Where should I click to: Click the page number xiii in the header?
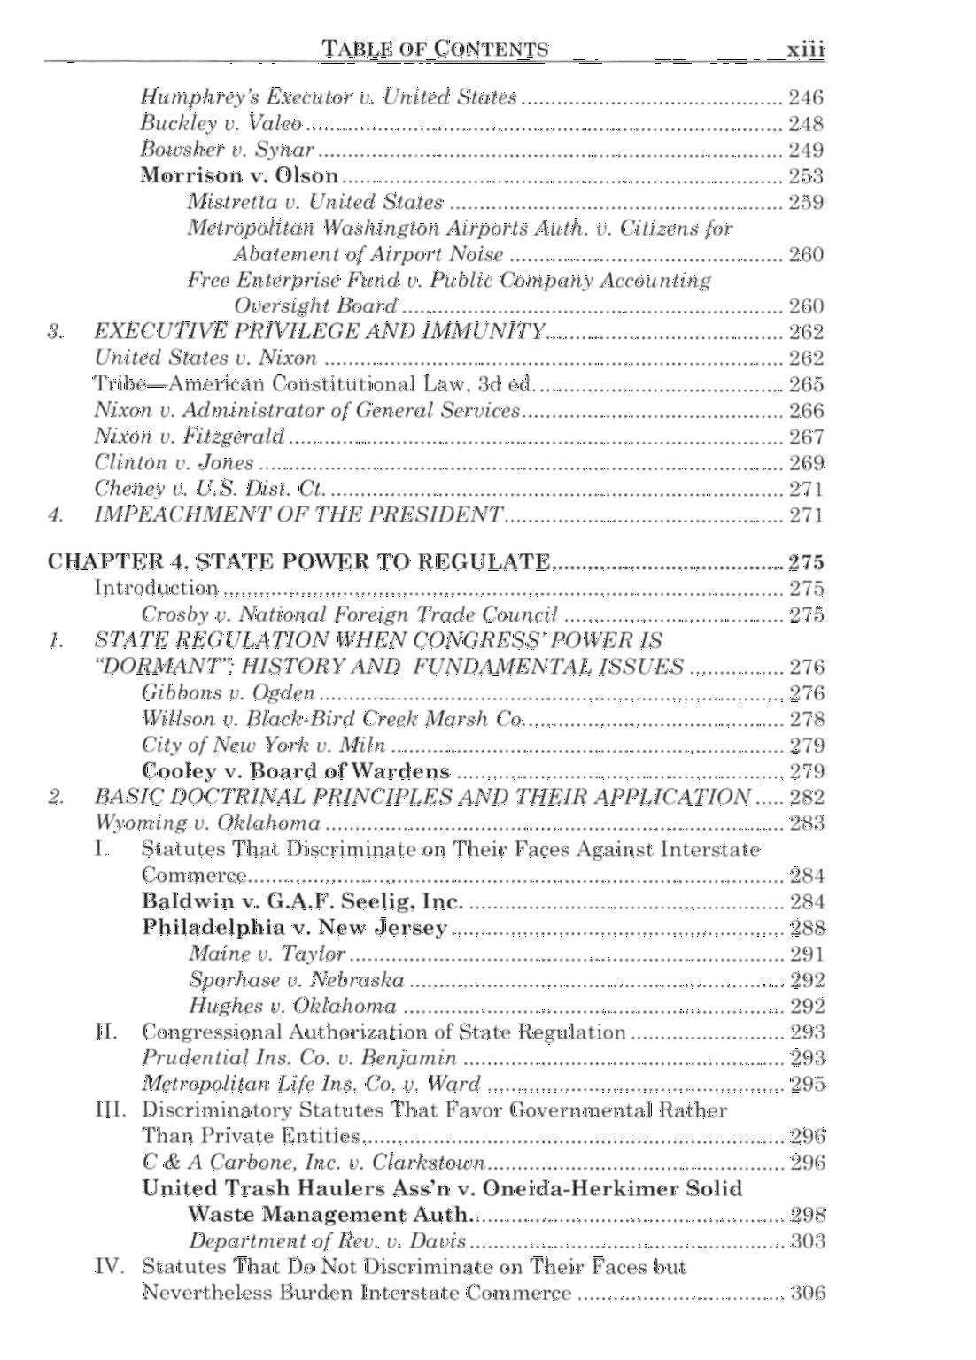pos(805,49)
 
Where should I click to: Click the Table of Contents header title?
pos(436,49)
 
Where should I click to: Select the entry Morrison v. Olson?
pos(239,175)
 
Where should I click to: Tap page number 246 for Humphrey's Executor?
pos(806,97)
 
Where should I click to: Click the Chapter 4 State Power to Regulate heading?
pos(298,561)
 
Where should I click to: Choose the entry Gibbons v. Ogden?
pos(228,692)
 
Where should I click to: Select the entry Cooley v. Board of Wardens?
pos(296,771)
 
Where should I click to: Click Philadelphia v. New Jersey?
pos(295,927)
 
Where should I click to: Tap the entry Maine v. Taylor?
pos(267,954)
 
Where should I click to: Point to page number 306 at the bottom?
pos(807,1293)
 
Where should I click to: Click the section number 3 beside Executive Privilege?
pos(56,332)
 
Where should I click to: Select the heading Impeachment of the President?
pos(298,514)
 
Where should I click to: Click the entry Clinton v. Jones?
pos(174,462)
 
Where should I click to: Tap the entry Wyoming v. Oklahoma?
pos(207,823)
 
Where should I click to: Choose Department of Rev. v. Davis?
pos(327,1240)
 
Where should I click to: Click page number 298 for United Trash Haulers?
pos(807,1214)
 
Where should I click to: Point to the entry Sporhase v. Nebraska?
pos(296,980)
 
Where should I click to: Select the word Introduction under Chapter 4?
pos(156,588)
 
